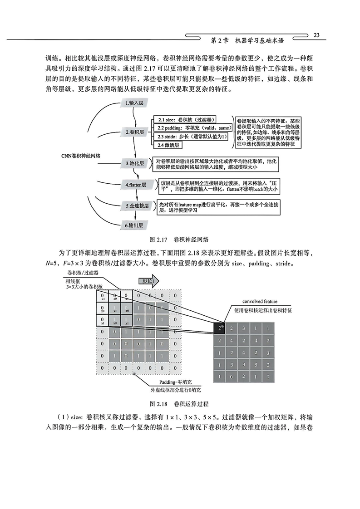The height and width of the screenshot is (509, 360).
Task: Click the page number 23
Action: (317, 35)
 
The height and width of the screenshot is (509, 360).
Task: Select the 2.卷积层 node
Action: (135, 132)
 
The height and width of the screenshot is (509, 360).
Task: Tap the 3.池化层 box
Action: (135, 162)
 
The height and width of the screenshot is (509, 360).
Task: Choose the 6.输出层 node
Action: (135, 225)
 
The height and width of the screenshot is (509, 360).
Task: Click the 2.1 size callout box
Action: (184, 119)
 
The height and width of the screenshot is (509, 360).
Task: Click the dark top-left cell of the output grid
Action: (220, 328)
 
